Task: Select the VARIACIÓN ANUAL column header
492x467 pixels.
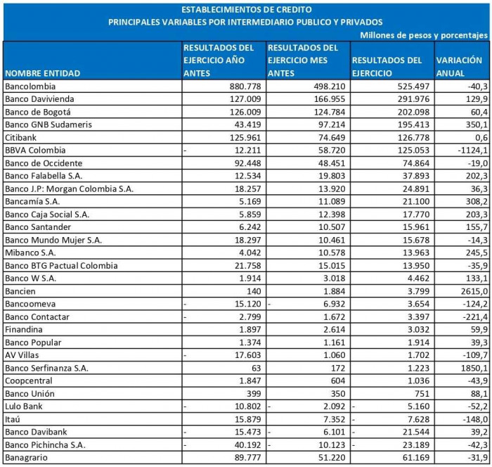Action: tap(459, 67)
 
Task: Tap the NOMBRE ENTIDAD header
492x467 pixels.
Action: tap(42, 73)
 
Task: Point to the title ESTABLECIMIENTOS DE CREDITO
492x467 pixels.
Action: tap(245, 10)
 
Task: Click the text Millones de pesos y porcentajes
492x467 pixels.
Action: tap(423, 34)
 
